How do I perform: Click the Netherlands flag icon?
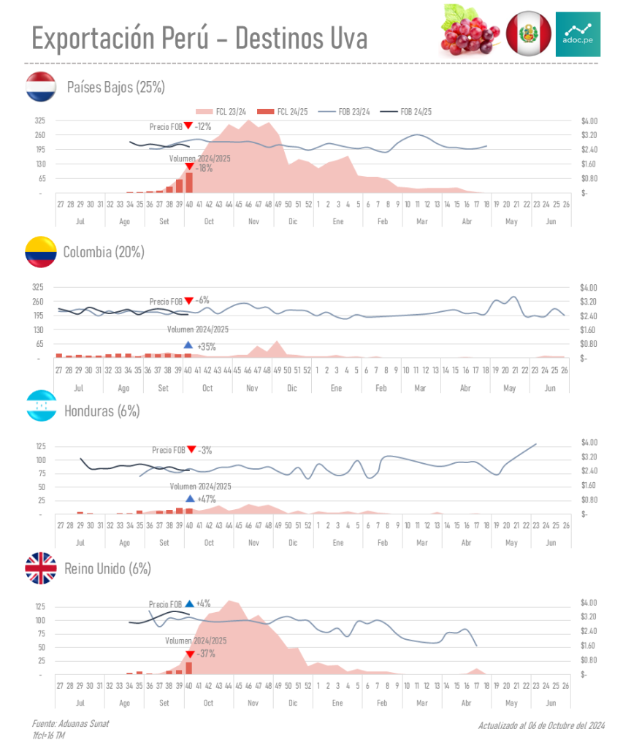[x=41, y=87]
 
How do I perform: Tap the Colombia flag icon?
[x=41, y=252]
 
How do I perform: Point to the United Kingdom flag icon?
[x=41, y=568]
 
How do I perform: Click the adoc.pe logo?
[x=578, y=34]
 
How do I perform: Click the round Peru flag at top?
[x=528, y=33]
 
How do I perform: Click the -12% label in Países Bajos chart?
[x=203, y=126]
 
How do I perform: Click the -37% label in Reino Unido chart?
[x=205, y=654]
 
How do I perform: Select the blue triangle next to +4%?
[x=189, y=604]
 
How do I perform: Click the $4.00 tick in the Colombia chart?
[x=589, y=287]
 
